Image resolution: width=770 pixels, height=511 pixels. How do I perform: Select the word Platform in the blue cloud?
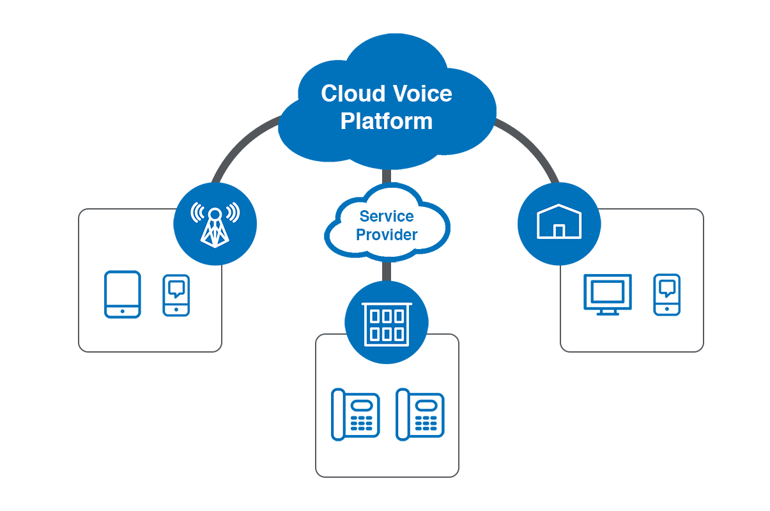click(x=386, y=121)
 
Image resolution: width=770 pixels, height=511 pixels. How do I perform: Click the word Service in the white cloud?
click(x=386, y=217)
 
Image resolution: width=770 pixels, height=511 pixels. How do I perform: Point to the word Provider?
click(x=386, y=235)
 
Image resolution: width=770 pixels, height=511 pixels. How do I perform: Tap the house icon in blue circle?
click(x=558, y=222)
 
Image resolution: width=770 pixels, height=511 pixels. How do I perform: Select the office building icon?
click(x=386, y=323)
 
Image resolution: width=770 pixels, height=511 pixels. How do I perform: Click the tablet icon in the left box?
click(x=122, y=294)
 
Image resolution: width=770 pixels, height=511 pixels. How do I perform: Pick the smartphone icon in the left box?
click(x=176, y=295)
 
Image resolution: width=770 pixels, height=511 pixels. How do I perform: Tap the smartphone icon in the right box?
click(x=666, y=294)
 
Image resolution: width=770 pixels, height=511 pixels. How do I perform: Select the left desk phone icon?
click(x=355, y=415)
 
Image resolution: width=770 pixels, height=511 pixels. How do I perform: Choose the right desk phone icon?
click(x=420, y=415)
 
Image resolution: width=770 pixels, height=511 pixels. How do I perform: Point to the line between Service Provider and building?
click(x=386, y=271)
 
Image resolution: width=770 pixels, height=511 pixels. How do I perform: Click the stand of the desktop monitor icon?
click(x=607, y=311)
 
